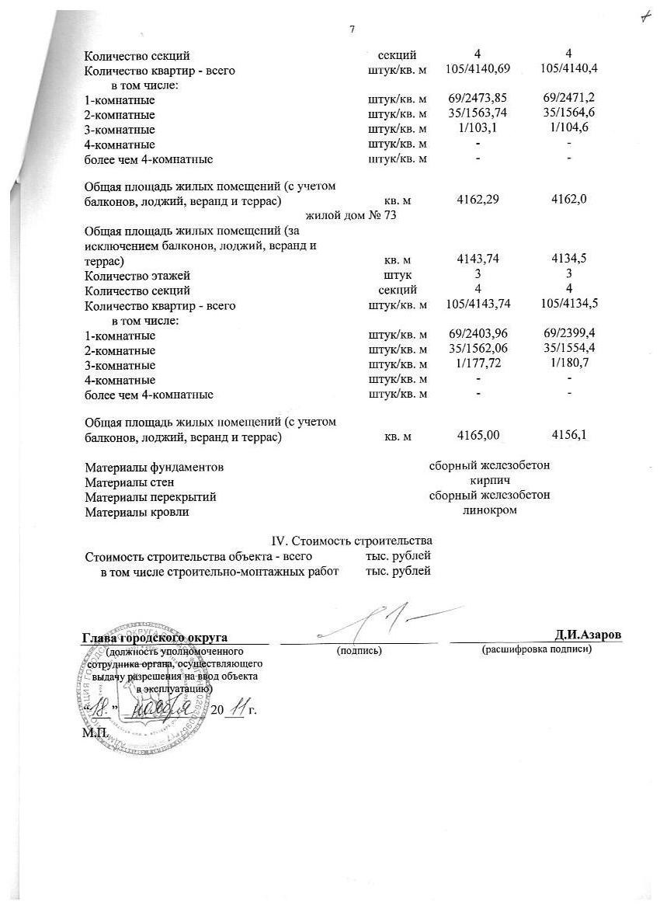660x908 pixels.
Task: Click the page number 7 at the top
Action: [352, 30]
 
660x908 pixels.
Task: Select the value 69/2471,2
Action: [568, 99]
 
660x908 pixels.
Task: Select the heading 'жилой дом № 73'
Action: [352, 215]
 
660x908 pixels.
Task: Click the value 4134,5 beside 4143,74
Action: [568, 259]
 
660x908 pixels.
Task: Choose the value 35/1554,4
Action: [568, 350]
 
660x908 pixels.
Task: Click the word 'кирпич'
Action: [490, 482]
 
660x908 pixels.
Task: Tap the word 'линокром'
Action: [490, 511]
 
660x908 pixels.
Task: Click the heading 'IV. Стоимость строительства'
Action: [350, 541]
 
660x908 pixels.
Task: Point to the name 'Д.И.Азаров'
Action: [588, 635]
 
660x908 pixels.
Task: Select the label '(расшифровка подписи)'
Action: [537, 649]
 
